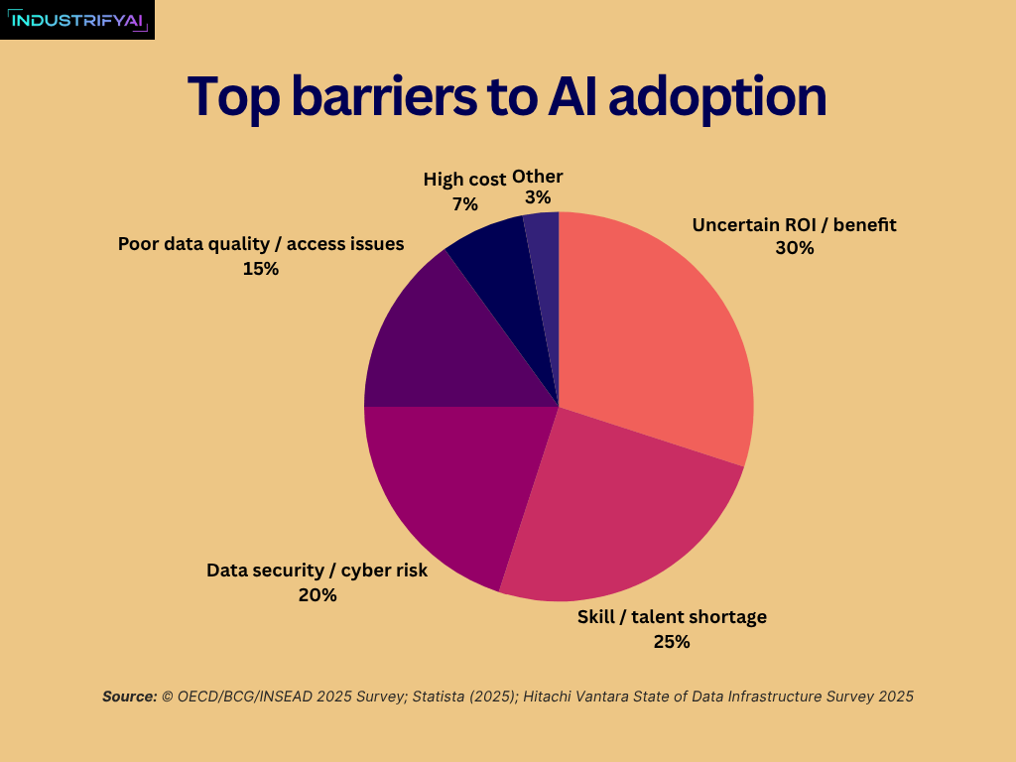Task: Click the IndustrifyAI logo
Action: tap(77, 19)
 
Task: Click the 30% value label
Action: tap(794, 249)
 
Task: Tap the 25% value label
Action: tap(671, 642)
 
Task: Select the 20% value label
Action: tap(317, 595)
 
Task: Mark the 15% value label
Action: tap(260, 269)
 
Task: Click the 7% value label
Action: tap(464, 204)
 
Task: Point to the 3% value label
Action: tap(537, 198)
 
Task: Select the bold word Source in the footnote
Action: tap(129, 697)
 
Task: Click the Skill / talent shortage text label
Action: tap(672, 617)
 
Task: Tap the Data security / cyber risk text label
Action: tap(317, 571)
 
